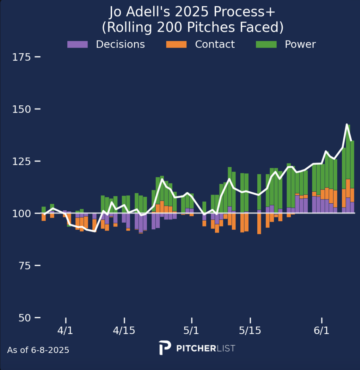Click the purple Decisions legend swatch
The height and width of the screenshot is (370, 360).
click(77, 44)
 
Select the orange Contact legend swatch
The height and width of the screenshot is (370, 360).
click(176, 44)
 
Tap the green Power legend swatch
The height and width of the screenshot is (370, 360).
click(266, 44)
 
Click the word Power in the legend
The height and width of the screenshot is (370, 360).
click(300, 44)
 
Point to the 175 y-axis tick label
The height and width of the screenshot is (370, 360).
click(21, 57)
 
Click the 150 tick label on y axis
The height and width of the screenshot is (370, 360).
click(21, 109)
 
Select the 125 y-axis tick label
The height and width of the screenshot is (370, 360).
click(21, 161)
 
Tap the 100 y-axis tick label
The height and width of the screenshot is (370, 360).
click(21, 213)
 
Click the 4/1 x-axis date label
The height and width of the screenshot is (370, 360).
click(65, 330)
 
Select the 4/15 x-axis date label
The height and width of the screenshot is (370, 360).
click(124, 330)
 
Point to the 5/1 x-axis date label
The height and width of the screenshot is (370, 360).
click(191, 330)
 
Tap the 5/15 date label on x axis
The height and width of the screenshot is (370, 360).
click(250, 330)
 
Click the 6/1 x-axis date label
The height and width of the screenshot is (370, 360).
click(321, 330)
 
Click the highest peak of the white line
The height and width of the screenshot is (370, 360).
click(347, 124)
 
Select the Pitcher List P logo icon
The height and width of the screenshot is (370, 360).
click(165, 348)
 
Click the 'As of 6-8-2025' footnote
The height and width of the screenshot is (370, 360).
click(38, 350)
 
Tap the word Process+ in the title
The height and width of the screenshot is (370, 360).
click(244, 12)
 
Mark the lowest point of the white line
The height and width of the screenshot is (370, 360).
click(94, 231)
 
